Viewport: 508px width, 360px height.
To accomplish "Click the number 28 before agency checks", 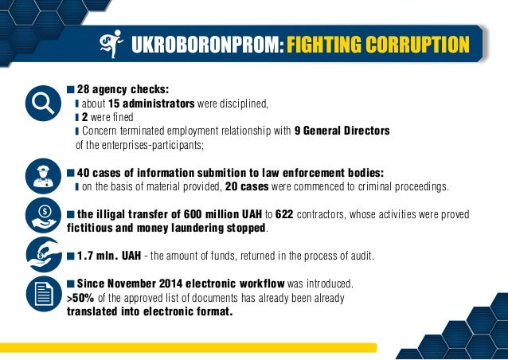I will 82,89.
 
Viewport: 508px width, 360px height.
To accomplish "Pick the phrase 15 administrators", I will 151,104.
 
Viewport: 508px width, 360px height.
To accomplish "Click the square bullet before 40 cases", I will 71,172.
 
